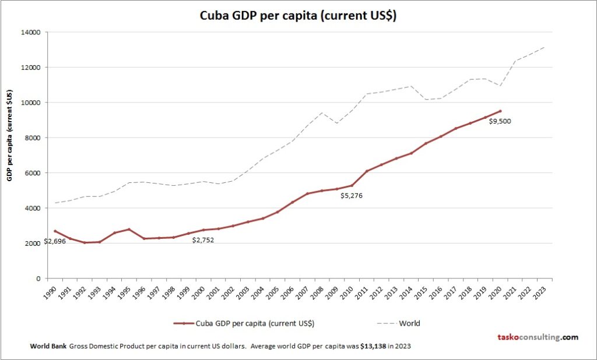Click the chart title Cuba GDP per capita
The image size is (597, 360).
(298, 16)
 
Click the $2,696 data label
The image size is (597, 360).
(54, 241)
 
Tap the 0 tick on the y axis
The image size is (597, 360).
(37, 278)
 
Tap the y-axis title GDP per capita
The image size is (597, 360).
(10, 136)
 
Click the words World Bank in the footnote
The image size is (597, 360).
(48, 346)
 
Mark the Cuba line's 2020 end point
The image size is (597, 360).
(500, 111)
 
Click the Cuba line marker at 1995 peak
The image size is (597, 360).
(129, 229)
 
